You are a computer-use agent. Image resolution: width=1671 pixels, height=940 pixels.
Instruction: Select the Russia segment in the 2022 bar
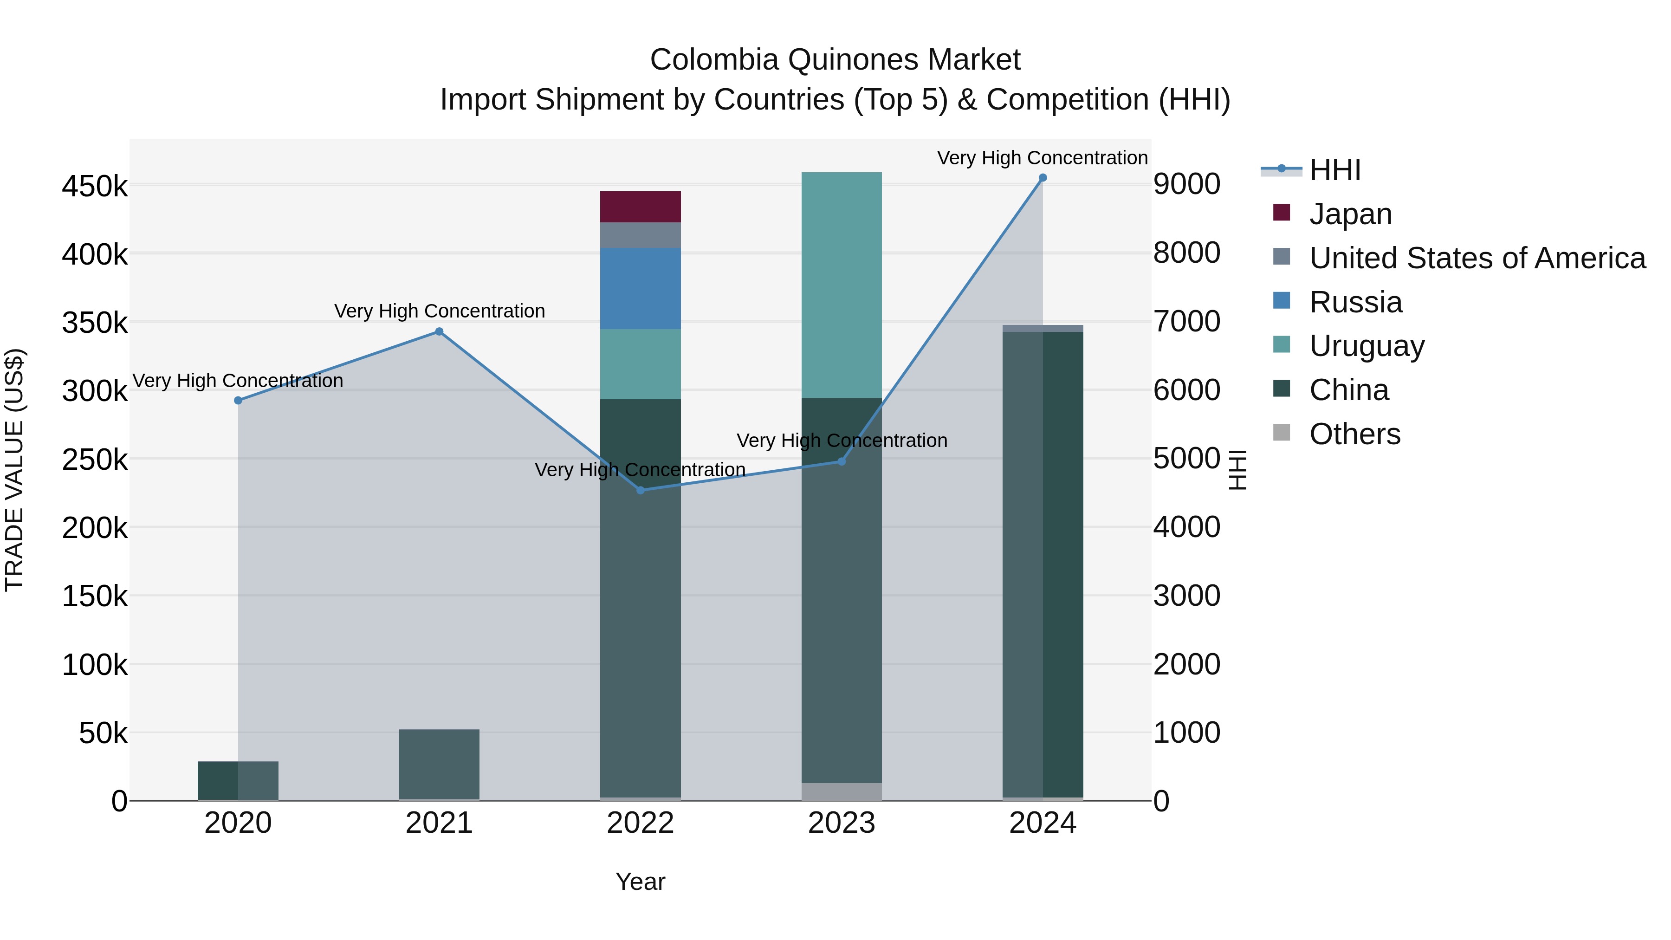point(640,288)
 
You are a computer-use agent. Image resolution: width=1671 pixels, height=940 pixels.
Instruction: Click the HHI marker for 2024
point(1043,178)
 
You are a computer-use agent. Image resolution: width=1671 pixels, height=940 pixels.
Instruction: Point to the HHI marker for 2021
point(439,331)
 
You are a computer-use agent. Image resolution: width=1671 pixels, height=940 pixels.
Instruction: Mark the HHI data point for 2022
point(640,491)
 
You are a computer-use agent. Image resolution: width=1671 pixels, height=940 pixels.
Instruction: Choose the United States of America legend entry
point(1477,258)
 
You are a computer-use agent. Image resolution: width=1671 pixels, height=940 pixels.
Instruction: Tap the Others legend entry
point(1354,434)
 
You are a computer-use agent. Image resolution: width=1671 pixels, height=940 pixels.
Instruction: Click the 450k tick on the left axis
point(95,187)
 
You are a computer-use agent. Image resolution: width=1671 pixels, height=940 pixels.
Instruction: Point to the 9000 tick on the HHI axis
point(1186,184)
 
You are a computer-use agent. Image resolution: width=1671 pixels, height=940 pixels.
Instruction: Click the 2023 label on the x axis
point(842,823)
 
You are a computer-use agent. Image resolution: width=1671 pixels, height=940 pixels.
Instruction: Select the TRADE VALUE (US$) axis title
point(14,470)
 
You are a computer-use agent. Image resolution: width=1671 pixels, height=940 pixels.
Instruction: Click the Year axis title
point(640,882)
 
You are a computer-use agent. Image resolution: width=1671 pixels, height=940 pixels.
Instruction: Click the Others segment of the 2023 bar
point(842,791)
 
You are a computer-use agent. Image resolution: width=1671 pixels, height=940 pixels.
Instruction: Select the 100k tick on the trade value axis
point(95,665)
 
